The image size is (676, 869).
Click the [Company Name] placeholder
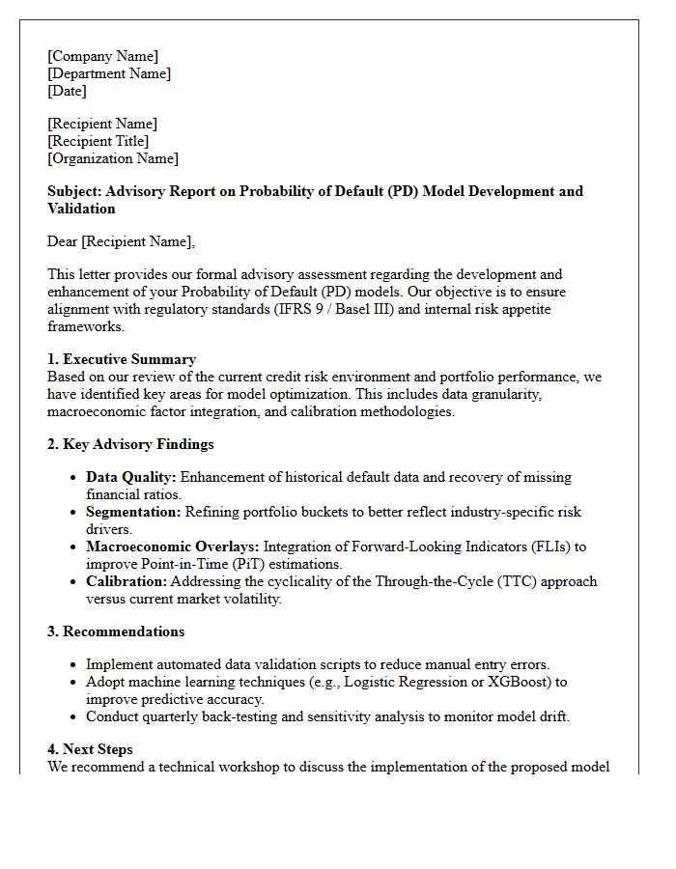tap(102, 56)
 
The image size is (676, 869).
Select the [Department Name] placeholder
tap(109, 73)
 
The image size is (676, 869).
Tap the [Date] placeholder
tap(67, 91)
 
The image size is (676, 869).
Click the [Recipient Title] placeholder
tap(98, 141)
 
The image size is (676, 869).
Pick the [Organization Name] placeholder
tap(113, 158)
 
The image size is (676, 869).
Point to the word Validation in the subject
tap(81, 209)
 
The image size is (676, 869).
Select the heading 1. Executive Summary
tap(122, 359)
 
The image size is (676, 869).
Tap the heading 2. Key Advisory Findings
tap(130, 444)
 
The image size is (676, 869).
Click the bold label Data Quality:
tap(131, 477)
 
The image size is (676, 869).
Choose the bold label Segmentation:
tap(133, 512)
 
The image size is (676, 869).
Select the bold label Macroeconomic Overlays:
tap(172, 547)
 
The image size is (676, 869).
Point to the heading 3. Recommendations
tap(116, 631)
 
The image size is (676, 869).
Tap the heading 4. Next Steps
tap(90, 749)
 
